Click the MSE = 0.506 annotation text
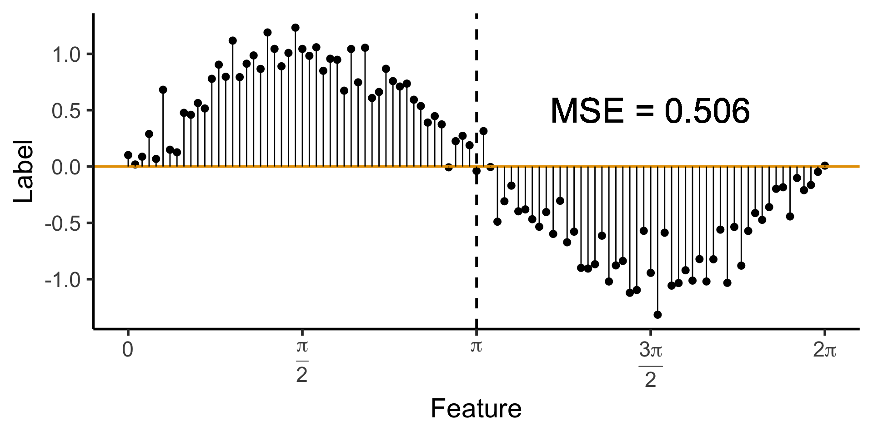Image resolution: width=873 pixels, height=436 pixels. (x=650, y=111)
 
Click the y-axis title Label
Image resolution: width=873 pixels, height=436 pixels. (x=24, y=171)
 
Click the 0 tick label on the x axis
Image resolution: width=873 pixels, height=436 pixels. (x=128, y=350)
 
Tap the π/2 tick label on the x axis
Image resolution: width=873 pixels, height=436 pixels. (x=302, y=361)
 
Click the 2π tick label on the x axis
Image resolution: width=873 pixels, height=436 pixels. (x=824, y=350)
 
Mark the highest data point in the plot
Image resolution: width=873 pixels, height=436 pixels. (x=295, y=28)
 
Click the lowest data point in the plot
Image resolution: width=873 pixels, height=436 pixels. (x=657, y=315)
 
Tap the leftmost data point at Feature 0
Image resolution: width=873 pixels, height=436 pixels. (x=128, y=155)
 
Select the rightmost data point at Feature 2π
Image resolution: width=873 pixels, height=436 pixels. (x=825, y=166)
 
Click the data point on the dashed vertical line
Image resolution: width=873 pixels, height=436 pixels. (x=477, y=171)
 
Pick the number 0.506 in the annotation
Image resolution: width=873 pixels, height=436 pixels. (x=707, y=111)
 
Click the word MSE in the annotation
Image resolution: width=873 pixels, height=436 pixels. (x=587, y=111)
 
